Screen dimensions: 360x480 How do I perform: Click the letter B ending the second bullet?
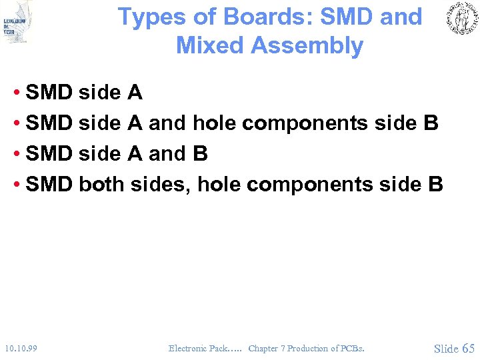click(x=430, y=123)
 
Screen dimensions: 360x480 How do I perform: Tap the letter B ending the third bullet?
click(x=199, y=153)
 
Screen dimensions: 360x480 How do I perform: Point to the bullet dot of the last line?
click(x=17, y=184)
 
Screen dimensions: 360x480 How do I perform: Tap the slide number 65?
click(x=467, y=348)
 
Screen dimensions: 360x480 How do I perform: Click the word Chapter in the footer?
click(x=263, y=348)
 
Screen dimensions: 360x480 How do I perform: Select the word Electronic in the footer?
click(x=188, y=348)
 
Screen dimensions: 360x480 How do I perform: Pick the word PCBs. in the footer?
click(x=352, y=348)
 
